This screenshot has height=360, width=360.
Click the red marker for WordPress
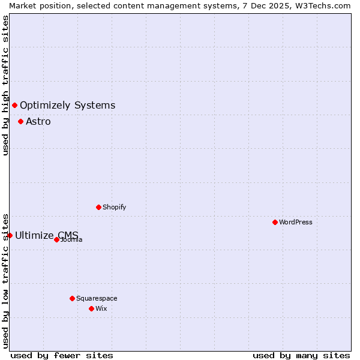275,222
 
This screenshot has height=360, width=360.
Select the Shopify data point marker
98,207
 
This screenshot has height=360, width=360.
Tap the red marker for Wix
91,308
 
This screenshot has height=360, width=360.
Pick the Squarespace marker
72,298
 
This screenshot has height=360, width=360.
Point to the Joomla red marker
56,239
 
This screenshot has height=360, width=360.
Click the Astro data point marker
20,121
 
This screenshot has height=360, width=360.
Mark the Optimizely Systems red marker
14,106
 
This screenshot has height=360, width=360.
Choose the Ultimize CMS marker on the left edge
10,235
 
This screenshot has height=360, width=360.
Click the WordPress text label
296,222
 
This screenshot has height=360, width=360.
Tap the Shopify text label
114,207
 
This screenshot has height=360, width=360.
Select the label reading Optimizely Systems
67,106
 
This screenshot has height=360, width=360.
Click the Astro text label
38,122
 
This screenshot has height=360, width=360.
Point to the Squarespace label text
97,298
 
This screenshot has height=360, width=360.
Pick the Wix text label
101,308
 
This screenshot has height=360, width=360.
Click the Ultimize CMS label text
46,235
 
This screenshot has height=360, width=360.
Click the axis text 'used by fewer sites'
62,355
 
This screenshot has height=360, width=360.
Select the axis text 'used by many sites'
301,355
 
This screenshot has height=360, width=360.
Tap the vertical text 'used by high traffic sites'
5,85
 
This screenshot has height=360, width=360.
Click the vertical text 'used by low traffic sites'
5,280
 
